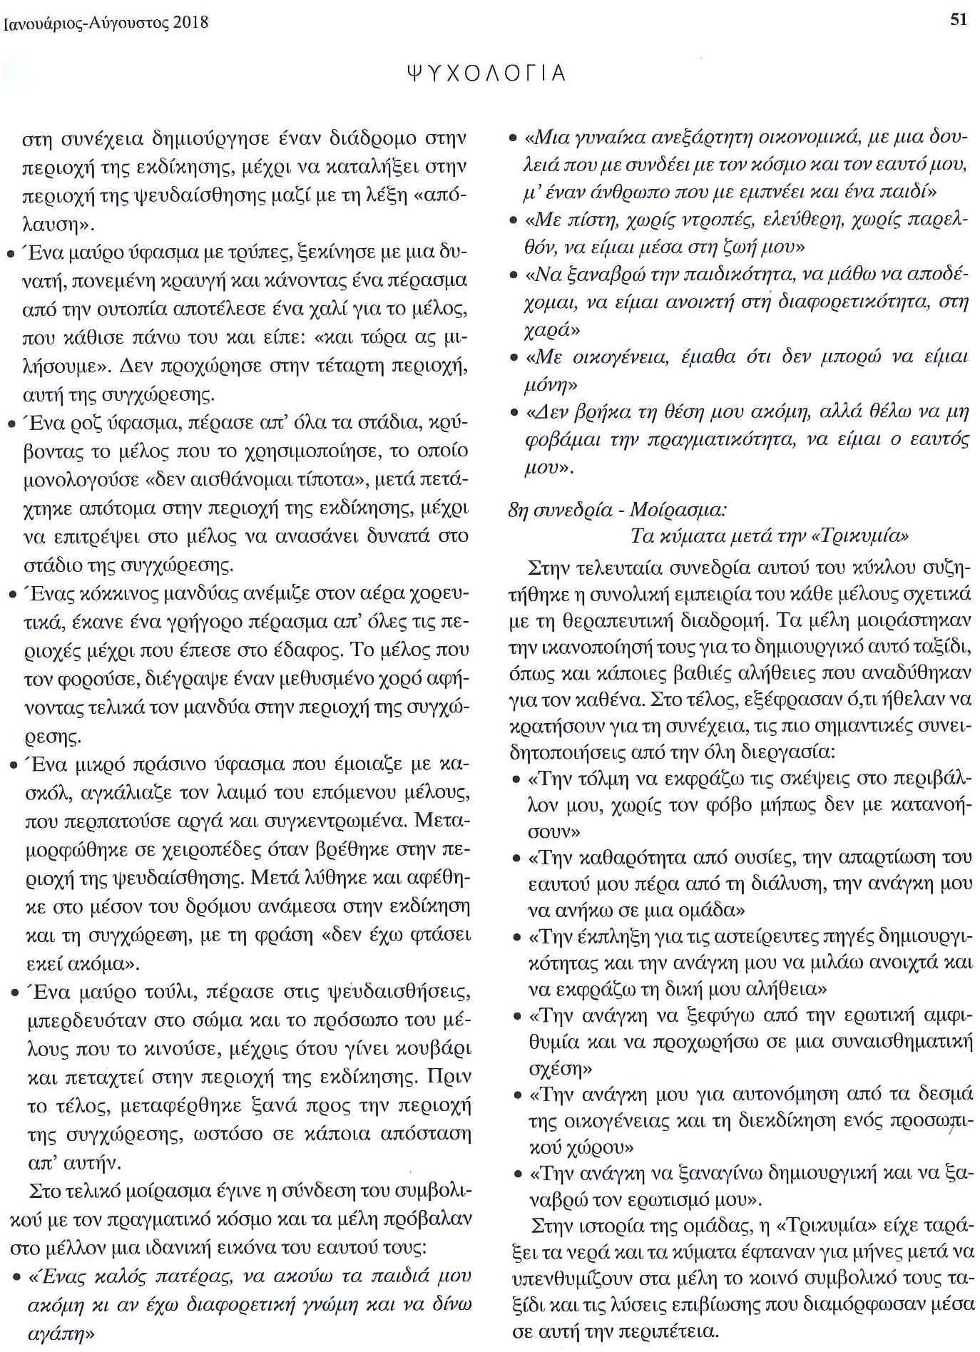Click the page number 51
[x=959, y=19]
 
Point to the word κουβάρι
[x=432, y=1049]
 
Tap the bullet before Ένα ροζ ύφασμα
[x=11, y=425]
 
